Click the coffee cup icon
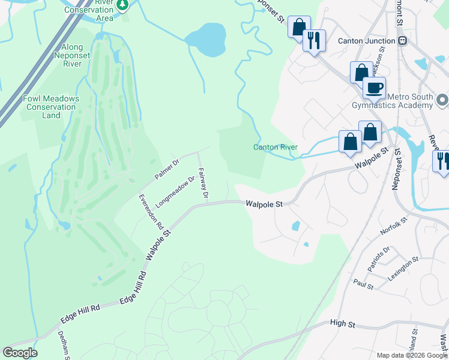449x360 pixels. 374,88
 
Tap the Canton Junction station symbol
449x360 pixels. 403,41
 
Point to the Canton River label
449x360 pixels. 276,147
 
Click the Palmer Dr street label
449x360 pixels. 167,169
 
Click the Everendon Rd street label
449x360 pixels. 151,212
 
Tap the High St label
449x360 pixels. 343,323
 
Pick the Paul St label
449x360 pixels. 363,284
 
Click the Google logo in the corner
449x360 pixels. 20,353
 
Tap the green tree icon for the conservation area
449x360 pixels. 122,5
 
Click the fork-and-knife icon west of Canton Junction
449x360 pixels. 313,41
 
